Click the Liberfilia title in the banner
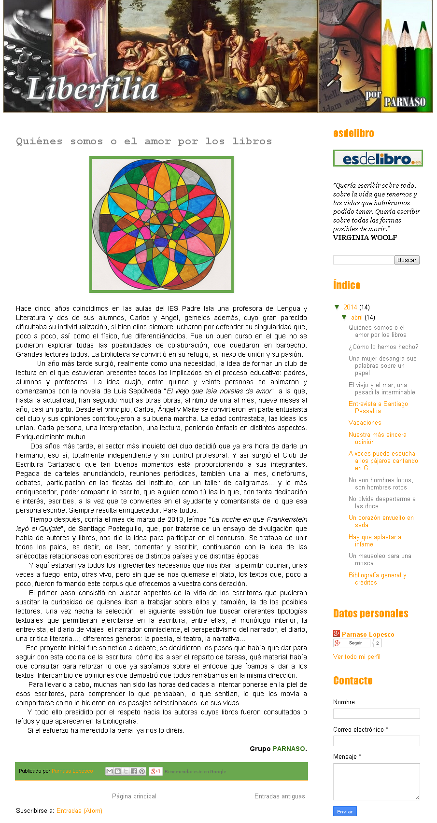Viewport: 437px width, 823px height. click(92, 90)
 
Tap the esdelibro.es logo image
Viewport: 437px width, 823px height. click(378, 158)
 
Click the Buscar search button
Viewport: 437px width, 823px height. click(407, 260)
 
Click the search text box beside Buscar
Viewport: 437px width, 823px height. click(363, 260)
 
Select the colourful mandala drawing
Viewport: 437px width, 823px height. click(161, 224)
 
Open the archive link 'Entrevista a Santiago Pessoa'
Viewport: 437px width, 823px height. click(378, 407)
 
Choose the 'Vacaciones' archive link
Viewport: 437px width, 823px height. click(365, 423)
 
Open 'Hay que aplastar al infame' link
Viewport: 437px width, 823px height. click(375, 541)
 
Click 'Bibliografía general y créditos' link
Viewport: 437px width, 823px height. click(377, 579)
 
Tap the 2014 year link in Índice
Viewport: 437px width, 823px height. click(350, 307)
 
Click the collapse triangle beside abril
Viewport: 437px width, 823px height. click(344, 318)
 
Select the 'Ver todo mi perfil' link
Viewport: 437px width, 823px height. click(356, 657)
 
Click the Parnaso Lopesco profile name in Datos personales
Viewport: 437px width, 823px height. click(368, 635)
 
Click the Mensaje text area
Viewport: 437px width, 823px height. click(376, 781)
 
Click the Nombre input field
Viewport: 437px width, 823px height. click(376, 713)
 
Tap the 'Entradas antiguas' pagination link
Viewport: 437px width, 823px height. click(280, 796)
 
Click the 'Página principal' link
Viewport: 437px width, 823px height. click(134, 796)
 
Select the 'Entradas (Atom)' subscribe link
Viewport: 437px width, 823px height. click(79, 811)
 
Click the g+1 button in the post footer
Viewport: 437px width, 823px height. click(155, 771)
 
